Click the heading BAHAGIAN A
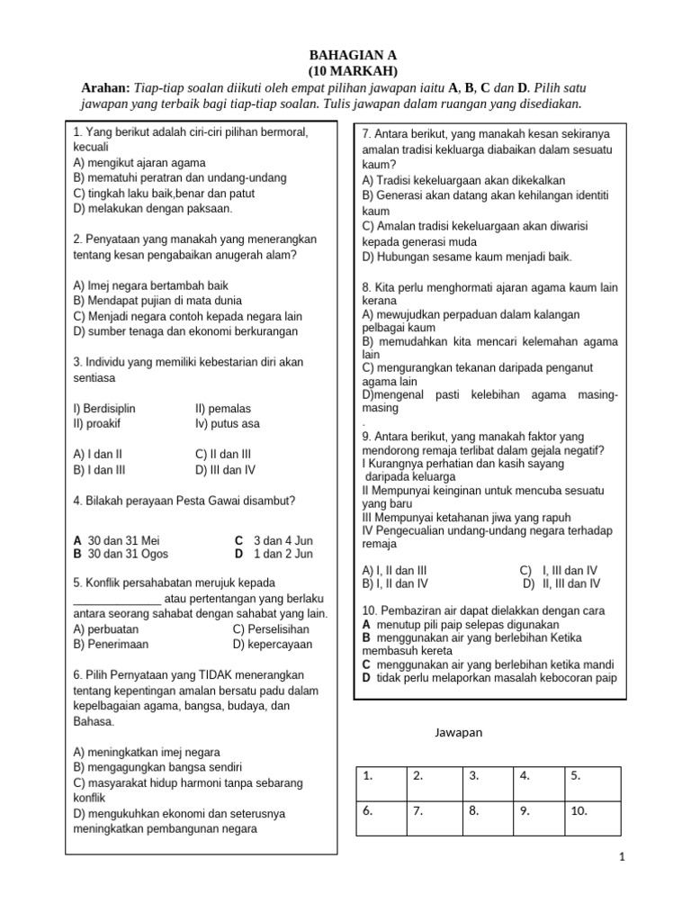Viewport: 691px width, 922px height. pyautogui.click(x=345, y=54)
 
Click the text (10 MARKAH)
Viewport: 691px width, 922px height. pyautogui.click(x=345, y=70)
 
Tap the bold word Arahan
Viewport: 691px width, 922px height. pyautogui.click(x=105, y=87)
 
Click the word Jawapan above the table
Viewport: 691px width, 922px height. pyautogui.click(x=459, y=732)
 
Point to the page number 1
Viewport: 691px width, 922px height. pyautogui.click(x=621, y=858)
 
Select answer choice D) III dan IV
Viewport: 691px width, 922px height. pyautogui.click(x=225, y=469)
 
